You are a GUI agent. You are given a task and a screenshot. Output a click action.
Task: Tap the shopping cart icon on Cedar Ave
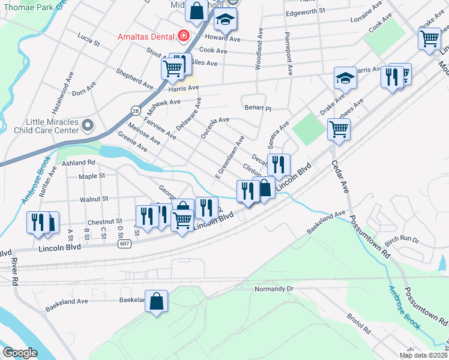point(339,128)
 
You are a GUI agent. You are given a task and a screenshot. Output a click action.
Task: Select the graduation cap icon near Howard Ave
point(226,20)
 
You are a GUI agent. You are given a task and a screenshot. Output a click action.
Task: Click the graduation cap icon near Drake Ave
point(345,78)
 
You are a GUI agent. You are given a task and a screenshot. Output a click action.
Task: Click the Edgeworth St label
point(306,11)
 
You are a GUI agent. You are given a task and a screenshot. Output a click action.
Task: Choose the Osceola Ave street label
point(215,128)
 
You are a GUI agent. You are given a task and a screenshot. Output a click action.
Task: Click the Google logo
point(20,353)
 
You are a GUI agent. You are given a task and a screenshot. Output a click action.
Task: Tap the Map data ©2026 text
point(423,355)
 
